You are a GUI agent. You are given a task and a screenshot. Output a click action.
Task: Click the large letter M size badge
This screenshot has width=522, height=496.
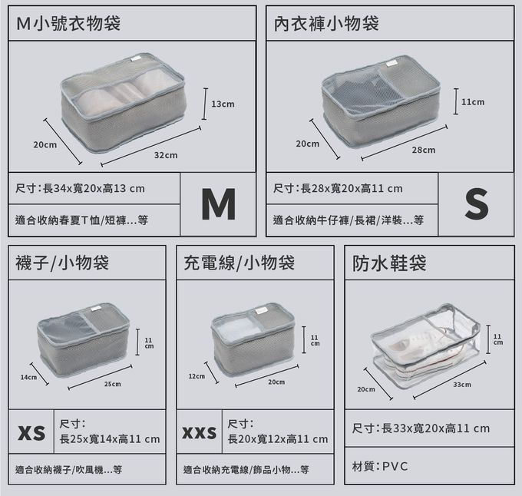click(218, 204)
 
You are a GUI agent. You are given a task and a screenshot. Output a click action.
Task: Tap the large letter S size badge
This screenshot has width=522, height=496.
click(477, 203)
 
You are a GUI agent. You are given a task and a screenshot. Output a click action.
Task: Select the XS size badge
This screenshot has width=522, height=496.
click(31, 432)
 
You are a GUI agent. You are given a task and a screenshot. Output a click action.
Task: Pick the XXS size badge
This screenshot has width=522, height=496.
click(200, 432)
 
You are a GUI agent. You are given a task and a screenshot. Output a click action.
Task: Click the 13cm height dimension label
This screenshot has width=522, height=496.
click(223, 104)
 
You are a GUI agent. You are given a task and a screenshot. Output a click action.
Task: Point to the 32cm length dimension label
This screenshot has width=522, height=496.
click(166, 155)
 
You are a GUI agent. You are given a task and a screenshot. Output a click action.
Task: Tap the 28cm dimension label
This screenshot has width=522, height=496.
click(424, 150)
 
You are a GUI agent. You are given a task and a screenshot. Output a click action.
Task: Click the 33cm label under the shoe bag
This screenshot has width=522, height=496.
click(462, 385)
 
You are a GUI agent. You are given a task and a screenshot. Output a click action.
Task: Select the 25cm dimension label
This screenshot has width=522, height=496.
click(113, 384)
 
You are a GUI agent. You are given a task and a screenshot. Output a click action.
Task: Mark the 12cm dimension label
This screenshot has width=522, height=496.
click(197, 376)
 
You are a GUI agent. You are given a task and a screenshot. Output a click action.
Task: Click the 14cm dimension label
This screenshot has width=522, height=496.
click(28, 377)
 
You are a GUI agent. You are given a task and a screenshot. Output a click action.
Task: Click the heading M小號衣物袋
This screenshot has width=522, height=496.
click(68, 24)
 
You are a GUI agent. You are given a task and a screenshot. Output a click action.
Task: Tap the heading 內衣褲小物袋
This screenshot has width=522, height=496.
click(326, 24)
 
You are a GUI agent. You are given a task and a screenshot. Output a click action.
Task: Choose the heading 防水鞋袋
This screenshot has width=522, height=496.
click(389, 263)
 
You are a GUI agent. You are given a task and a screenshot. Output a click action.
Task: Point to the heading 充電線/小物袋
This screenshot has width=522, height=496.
click(239, 263)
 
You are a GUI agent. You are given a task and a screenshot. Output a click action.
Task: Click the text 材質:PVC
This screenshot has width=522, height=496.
click(380, 466)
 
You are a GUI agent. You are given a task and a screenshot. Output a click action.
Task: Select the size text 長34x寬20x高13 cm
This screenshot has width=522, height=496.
click(94, 188)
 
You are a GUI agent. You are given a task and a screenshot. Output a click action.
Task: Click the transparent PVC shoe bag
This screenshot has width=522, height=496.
click(426, 346)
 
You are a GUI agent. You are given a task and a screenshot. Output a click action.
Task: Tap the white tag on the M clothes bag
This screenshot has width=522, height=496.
click(136, 59)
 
